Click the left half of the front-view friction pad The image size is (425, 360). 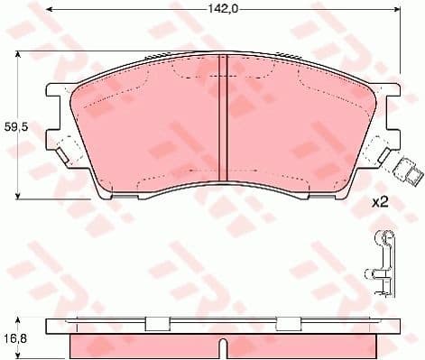click(144, 126)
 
